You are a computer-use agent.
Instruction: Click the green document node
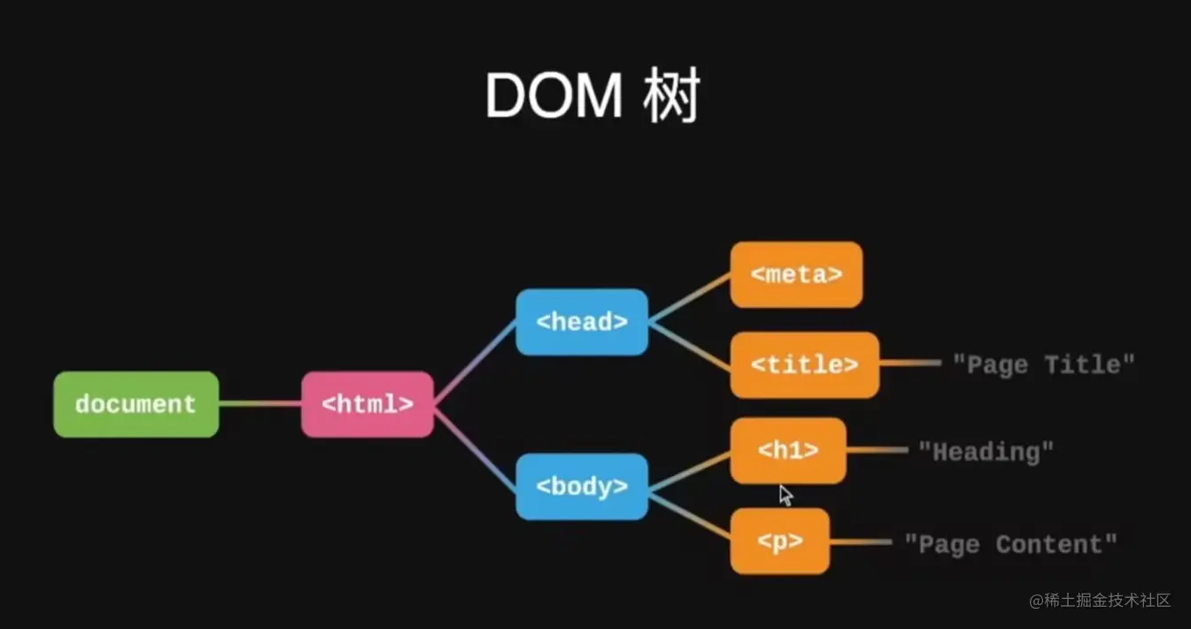135,404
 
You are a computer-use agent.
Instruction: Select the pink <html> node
367,404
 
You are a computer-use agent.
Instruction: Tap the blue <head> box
582,322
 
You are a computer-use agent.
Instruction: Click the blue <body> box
582,486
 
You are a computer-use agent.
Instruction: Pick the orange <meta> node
796,274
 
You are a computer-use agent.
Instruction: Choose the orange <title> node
804,364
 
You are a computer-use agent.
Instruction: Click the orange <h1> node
788,450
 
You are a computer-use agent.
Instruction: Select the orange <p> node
779,541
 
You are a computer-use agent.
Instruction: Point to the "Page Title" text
1043,364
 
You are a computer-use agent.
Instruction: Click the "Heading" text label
986,452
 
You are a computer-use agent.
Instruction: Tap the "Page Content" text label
1010,544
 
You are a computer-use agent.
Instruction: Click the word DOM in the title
553,96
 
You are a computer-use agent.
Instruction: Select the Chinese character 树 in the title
672,96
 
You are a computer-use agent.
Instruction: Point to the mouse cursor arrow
785,494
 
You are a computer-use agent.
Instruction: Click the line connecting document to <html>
259,404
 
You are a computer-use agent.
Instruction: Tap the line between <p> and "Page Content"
860,541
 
